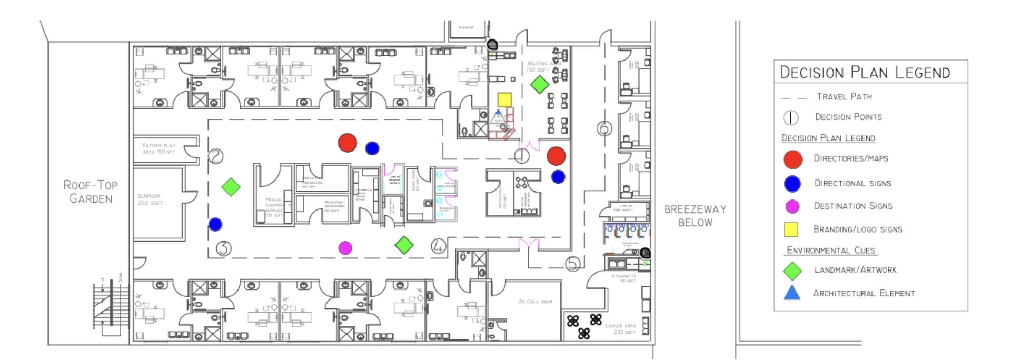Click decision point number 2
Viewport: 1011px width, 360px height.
coord(216,156)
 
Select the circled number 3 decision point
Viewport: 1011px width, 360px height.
coord(224,248)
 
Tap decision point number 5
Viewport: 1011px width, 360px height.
coord(573,264)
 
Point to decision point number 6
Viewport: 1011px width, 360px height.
coord(604,128)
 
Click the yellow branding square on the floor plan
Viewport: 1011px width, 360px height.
coord(504,99)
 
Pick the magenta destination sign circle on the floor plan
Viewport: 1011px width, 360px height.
coord(345,248)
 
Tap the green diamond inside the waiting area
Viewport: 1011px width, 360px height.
coord(539,84)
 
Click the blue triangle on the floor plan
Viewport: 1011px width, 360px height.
coord(499,114)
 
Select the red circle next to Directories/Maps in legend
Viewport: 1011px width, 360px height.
coord(792,159)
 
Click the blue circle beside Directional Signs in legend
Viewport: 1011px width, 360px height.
coord(792,184)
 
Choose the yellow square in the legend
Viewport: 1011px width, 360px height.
coord(791,229)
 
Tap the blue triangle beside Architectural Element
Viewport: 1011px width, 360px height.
coord(792,293)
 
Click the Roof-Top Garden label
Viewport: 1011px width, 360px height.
coord(91,192)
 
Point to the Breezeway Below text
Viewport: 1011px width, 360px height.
coord(695,216)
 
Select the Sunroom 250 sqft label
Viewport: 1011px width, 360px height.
coord(150,199)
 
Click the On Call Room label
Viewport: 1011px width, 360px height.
coord(535,302)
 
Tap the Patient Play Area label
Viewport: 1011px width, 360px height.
coord(158,148)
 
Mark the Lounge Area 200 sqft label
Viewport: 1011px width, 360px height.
coord(620,328)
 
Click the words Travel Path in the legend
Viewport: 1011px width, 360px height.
coord(844,96)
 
